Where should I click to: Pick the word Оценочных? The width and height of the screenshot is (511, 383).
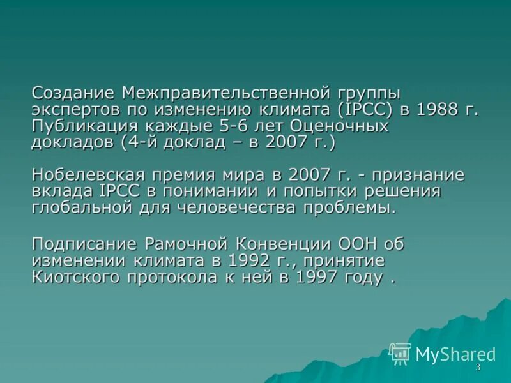tap(336, 126)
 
